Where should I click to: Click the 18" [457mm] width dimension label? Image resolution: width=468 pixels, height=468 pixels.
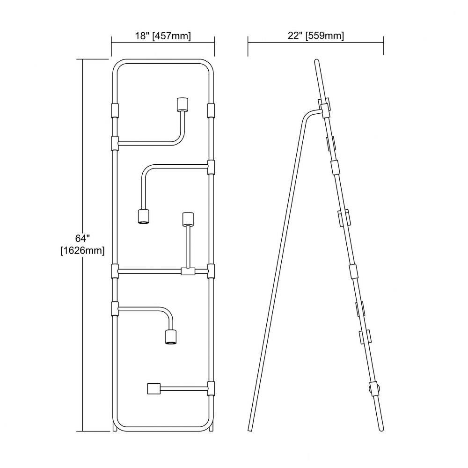pos(163,36)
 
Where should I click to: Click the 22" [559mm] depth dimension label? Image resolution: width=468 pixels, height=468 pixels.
pos(316,36)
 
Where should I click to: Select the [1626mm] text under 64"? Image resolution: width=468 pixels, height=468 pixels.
pos(83,250)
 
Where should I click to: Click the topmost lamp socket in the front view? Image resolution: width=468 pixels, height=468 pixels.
pos(182,104)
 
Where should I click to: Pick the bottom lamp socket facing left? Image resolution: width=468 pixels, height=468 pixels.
pos(154,388)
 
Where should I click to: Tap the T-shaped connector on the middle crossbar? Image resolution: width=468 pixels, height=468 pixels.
pos(188,271)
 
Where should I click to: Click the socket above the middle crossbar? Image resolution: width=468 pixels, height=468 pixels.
pos(188,219)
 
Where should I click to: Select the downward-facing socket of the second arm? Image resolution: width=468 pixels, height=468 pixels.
pos(143,216)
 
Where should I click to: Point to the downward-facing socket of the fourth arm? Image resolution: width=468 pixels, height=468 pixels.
pos(171,336)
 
